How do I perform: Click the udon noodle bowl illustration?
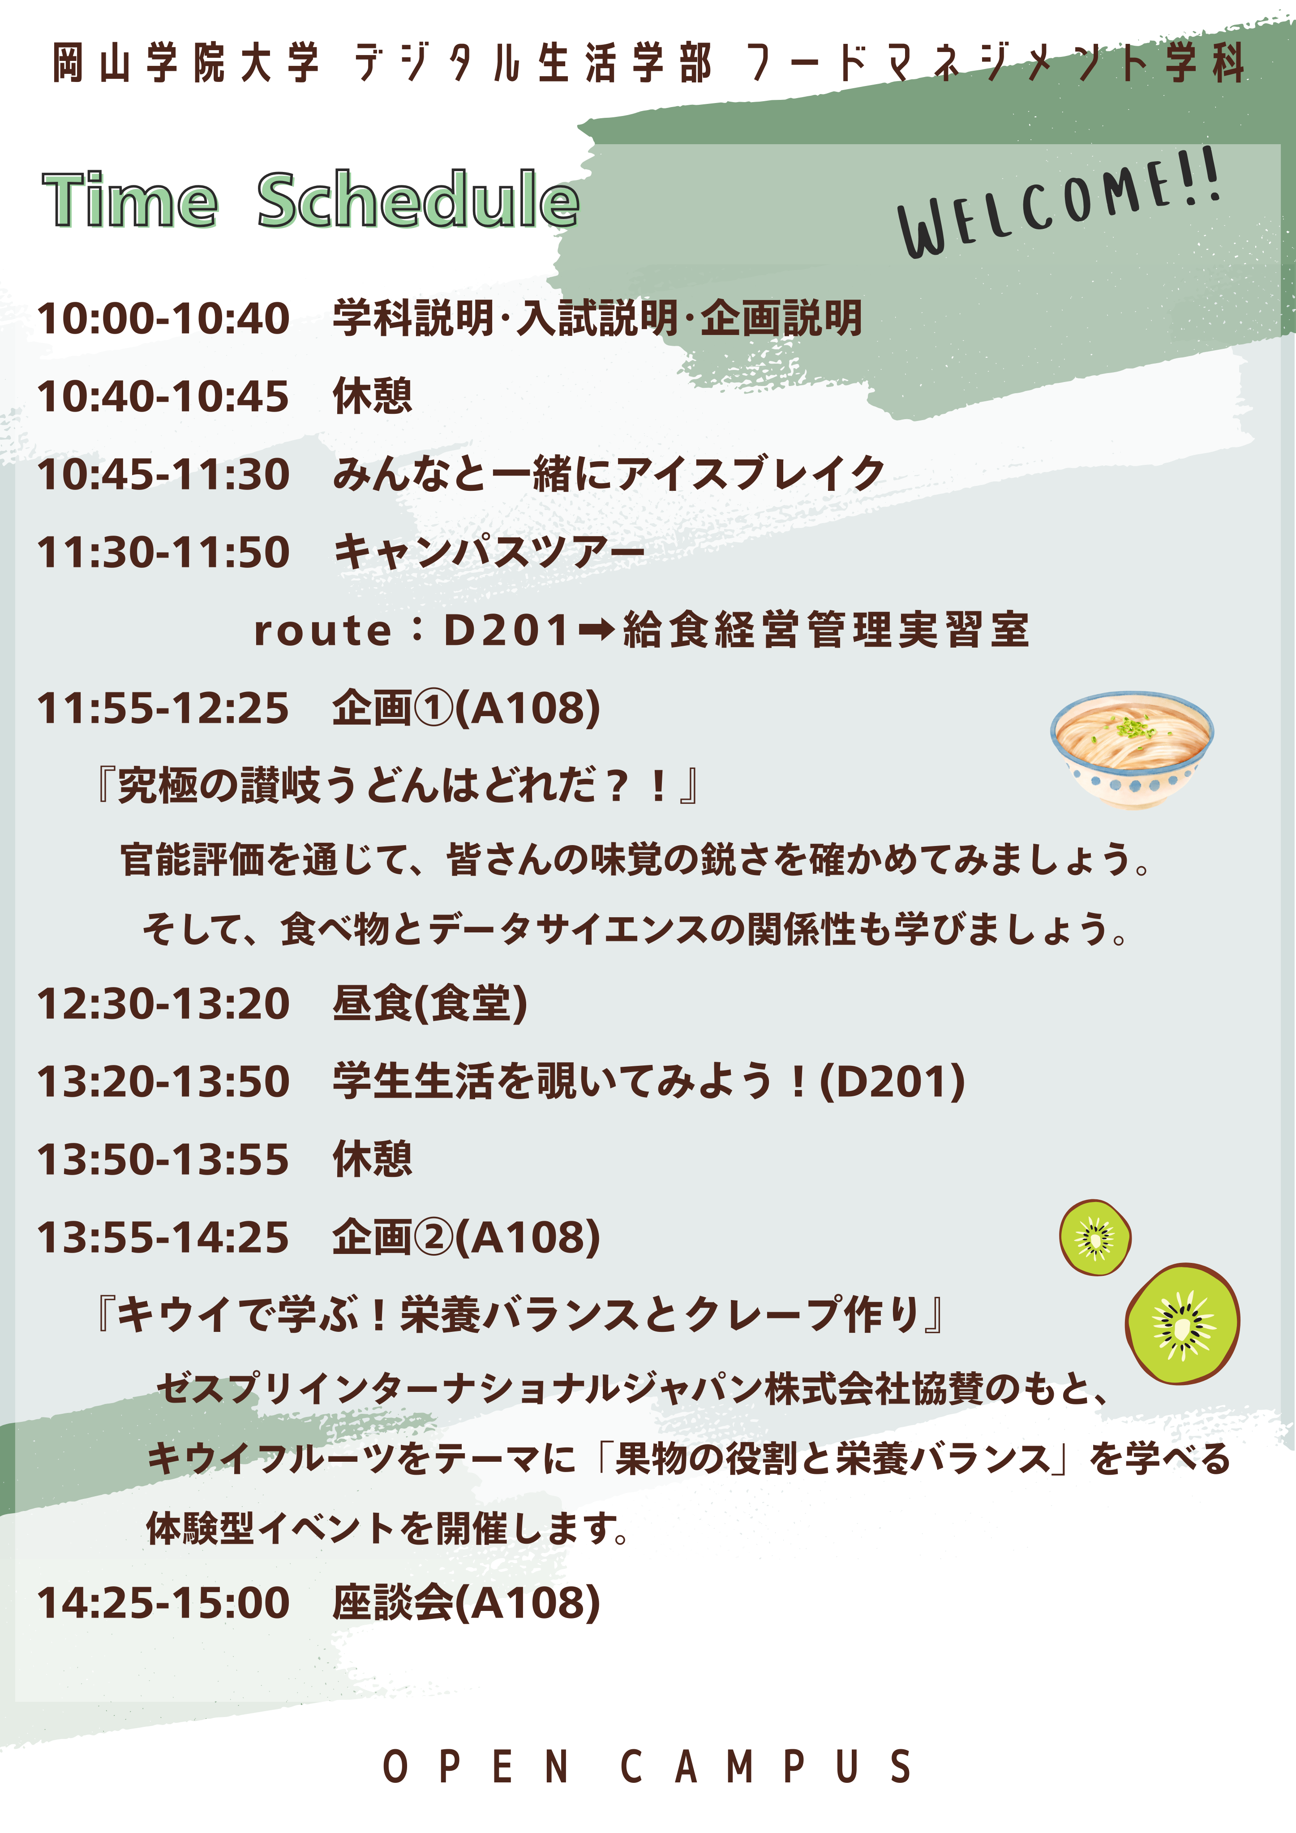[1132, 750]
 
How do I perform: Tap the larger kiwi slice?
[1183, 1323]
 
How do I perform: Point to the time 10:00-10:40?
[164, 318]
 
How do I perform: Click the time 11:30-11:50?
[164, 553]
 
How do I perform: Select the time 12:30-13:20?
[164, 1004]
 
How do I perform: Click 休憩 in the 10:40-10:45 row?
[373, 396]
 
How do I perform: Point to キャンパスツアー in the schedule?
[489, 553]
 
